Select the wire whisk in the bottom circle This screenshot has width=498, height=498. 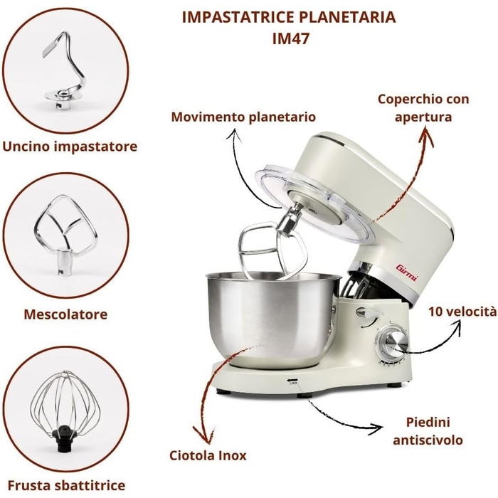tap(65, 410)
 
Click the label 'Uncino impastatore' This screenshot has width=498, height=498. tap(70, 147)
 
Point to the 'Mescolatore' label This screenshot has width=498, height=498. tap(65, 314)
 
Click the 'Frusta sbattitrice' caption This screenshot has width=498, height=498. tap(66, 486)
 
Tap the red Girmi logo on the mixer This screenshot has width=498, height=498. tap(407, 272)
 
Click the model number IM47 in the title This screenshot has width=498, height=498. tap(290, 38)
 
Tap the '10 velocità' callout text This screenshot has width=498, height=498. tap(462, 312)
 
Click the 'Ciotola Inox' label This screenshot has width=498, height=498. tap(208, 456)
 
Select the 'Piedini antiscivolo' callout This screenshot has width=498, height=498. tap(428, 431)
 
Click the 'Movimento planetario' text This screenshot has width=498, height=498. tap(243, 117)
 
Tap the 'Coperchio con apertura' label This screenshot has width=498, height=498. tap(423, 108)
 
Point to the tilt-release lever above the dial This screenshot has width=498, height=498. tap(369, 313)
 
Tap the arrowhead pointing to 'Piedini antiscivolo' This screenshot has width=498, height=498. tap(377, 429)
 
